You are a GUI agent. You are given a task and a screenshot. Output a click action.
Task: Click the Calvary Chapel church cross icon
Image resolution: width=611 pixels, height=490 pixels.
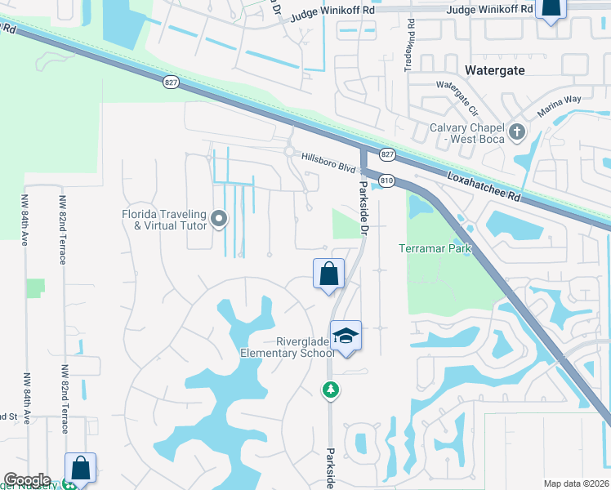(x=516, y=131)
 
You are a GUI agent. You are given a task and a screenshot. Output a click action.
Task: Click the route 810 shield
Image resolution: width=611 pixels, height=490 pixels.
(x=387, y=180)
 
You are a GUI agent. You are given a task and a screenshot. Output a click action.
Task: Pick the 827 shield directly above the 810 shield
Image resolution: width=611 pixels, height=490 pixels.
(x=387, y=154)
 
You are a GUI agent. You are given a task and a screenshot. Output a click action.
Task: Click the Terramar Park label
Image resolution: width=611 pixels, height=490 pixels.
(x=436, y=247)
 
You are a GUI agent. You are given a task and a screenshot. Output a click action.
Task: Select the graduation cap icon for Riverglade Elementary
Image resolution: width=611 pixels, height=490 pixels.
(x=346, y=336)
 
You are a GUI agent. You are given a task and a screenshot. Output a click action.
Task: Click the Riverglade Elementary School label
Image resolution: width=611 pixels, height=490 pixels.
(x=287, y=347)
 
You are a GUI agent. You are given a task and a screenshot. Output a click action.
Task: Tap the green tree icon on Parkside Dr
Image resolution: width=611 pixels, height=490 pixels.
(x=330, y=390)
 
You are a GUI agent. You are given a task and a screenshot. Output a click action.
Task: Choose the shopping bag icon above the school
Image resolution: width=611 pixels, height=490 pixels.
(x=328, y=273)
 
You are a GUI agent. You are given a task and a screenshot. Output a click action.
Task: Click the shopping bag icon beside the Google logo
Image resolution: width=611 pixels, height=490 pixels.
(x=81, y=468)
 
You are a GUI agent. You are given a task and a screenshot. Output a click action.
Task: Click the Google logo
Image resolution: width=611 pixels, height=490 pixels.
(x=27, y=480)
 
